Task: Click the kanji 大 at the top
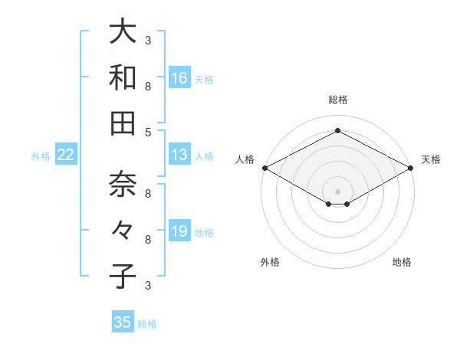click(x=123, y=33)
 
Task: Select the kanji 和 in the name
click(x=123, y=78)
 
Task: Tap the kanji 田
click(x=123, y=122)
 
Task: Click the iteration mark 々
click(x=123, y=231)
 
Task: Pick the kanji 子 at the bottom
click(x=123, y=276)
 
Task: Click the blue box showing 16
click(x=179, y=78)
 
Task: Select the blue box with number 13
click(x=179, y=155)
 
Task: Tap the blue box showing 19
click(x=179, y=231)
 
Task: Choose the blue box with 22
click(x=66, y=155)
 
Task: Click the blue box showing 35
click(x=122, y=322)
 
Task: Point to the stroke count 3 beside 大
click(x=148, y=40)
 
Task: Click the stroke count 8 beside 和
click(x=148, y=86)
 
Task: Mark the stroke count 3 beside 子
click(x=148, y=285)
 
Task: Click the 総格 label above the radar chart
click(x=337, y=100)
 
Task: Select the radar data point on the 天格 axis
click(x=411, y=168)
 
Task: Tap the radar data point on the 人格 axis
click(x=264, y=168)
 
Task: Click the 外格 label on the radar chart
click(x=270, y=262)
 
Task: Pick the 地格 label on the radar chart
click(x=402, y=262)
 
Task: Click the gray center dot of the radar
click(x=337, y=191)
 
